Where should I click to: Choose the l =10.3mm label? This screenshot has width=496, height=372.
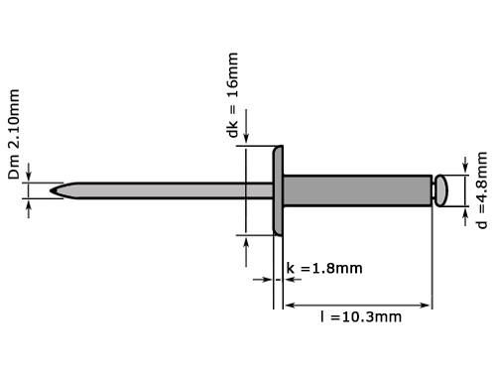pos(360,317)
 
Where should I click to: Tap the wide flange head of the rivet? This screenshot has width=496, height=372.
pos(278,189)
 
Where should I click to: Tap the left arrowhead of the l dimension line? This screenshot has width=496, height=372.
pos(290,305)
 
